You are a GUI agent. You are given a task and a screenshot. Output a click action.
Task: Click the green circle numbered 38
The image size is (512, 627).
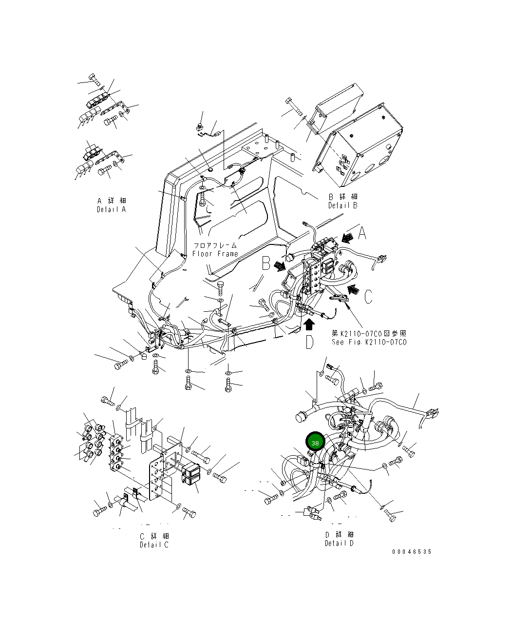315,443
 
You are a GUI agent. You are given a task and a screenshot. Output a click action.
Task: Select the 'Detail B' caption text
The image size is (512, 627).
342,205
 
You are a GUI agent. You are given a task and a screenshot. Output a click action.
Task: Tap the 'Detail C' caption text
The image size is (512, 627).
154,545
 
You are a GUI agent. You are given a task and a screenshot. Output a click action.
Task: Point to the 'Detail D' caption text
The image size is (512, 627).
340,543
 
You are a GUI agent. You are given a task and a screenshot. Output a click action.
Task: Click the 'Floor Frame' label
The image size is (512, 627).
215,254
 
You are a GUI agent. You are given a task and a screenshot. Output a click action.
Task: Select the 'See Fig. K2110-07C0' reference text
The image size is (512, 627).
369,342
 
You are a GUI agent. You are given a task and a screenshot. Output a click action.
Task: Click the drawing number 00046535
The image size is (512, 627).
412,552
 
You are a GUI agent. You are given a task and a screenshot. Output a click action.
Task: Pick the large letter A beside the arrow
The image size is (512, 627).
362,234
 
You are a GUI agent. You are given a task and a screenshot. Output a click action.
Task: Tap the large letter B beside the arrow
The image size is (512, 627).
266,264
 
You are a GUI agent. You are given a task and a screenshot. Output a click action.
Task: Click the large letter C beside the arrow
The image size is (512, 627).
368,296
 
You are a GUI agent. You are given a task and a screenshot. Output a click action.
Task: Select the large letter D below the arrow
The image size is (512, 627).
310,342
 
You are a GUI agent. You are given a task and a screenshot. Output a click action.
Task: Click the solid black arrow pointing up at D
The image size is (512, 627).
309,325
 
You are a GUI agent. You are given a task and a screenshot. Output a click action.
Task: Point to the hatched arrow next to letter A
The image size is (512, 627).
347,238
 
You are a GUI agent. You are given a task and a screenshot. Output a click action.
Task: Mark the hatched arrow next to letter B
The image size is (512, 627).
280,266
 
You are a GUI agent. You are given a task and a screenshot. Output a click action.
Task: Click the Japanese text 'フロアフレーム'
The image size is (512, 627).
215,245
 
